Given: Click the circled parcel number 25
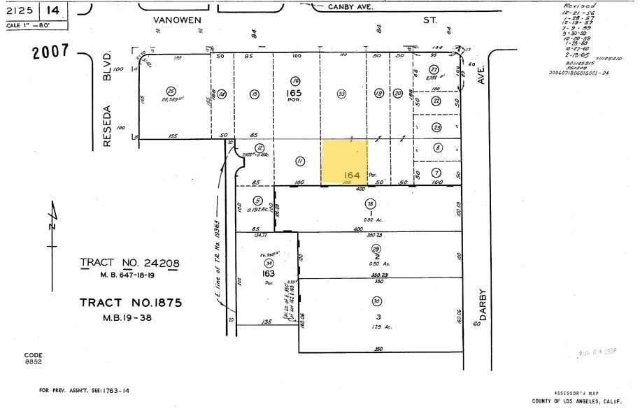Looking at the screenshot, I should pos(171,90).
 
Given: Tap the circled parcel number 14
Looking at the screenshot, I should pos(222,94).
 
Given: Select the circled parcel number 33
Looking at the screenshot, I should pos(341,93).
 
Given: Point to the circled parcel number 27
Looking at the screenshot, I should pos(434,69).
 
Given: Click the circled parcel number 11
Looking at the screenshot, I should pos(300,161).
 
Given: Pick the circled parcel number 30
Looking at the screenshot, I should pos(377,301).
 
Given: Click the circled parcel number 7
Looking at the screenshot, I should pos(436,173).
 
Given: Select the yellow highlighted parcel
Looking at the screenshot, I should pos(344,161).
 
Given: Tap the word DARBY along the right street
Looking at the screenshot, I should pos(483,305).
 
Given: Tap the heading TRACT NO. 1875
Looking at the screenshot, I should pos(131,303).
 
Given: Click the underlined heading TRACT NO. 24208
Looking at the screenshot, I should pos(130,264).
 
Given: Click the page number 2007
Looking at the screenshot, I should pos(50,51).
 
